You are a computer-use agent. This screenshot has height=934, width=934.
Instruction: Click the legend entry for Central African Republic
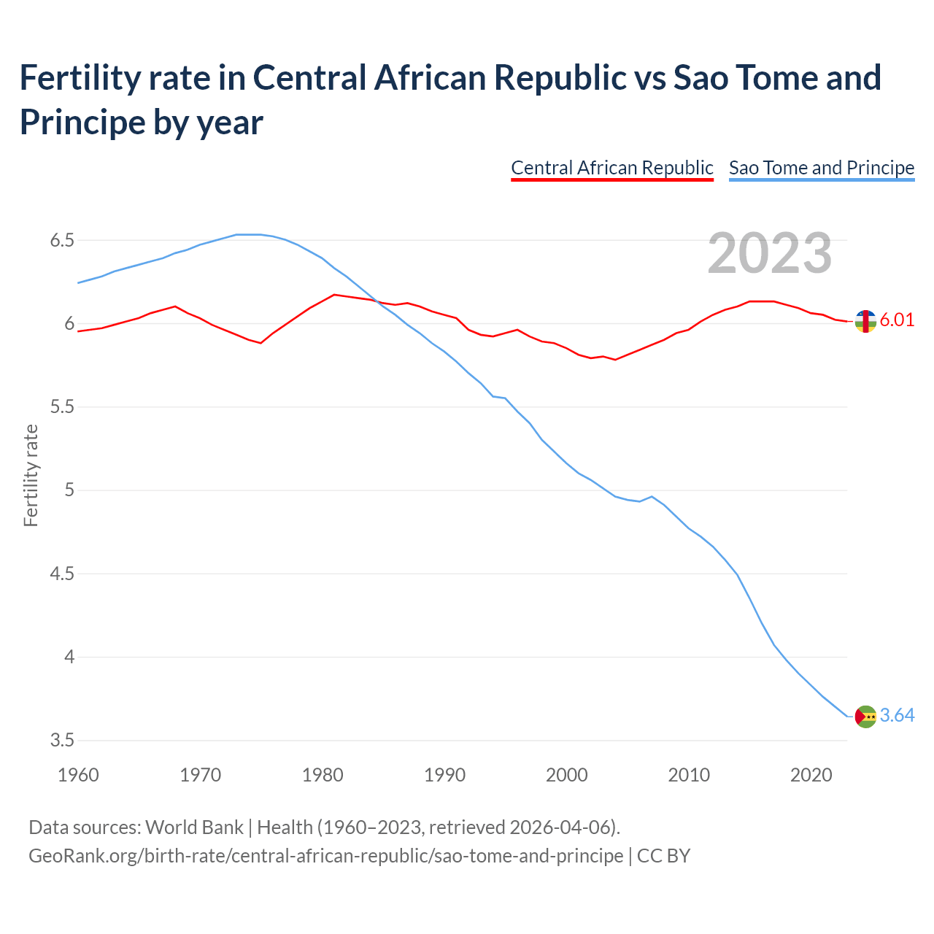point(611,168)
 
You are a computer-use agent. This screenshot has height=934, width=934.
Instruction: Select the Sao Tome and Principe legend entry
point(821,168)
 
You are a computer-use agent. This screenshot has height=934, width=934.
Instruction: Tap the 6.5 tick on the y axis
point(62,240)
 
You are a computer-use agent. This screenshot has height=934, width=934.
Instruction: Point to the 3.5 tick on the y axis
point(62,741)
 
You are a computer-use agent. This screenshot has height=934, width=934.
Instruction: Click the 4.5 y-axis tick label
point(62,574)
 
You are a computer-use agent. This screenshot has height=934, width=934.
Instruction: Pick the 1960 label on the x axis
point(78,775)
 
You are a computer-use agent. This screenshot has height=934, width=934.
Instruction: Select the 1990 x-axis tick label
point(444,775)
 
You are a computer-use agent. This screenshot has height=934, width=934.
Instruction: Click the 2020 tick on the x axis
point(811,775)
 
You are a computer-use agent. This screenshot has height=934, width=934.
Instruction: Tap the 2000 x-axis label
point(567,775)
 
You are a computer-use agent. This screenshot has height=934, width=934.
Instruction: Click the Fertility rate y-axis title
point(31,475)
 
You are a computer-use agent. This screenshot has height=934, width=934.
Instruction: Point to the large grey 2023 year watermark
point(769,253)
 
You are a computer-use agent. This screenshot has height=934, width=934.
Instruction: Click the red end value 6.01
point(897,320)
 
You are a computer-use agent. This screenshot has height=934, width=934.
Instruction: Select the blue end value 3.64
point(897,716)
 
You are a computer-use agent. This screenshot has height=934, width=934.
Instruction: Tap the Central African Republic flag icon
point(865,320)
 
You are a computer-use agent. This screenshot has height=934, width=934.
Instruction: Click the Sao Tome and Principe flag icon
point(865,717)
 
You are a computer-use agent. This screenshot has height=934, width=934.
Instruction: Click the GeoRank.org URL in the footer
point(325,855)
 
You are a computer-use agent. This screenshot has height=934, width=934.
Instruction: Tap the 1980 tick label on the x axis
point(323,775)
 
